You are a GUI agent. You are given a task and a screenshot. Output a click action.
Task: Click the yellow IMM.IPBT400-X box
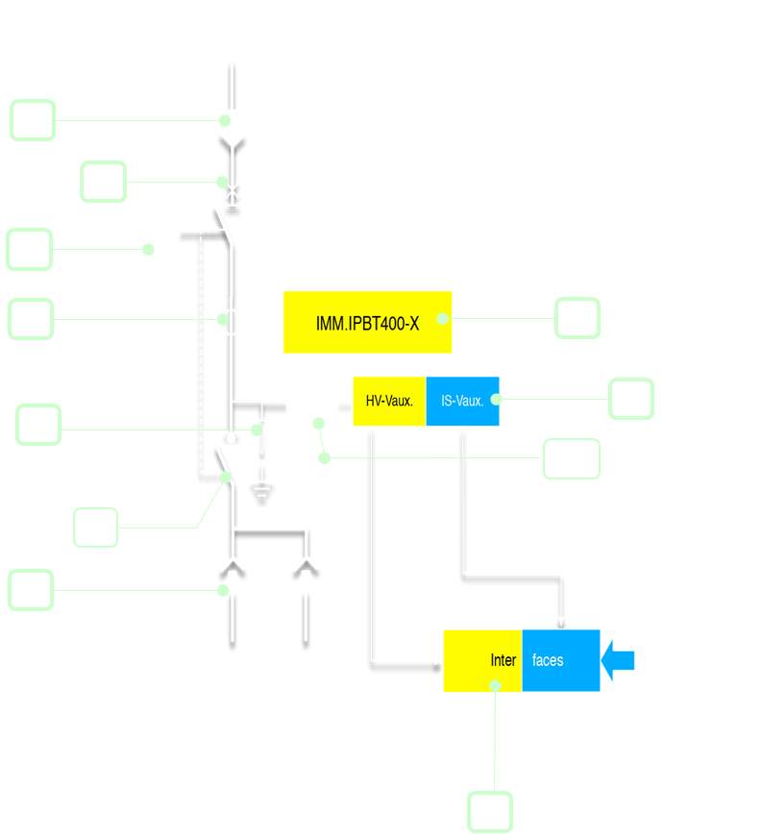pos(367,322)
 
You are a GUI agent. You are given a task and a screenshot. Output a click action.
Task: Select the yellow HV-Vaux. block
pos(389,401)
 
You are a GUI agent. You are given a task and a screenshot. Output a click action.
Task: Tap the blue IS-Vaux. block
pos(462,401)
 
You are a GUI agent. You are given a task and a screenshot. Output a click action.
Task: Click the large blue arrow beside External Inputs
pos(618,660)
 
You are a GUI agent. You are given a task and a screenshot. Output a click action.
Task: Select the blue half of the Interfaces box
pos(561,660)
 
